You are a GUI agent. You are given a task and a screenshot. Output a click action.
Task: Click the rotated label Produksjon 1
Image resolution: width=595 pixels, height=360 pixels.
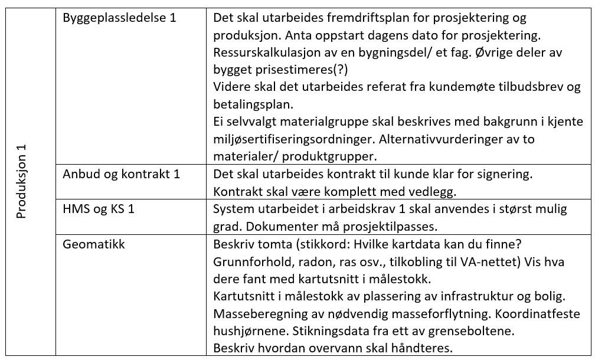[x=22, y=181]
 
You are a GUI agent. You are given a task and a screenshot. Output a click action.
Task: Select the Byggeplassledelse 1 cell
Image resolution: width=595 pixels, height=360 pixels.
[x=119, y=18]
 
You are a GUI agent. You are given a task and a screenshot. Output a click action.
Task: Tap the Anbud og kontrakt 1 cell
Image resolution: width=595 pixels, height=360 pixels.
[x=121, y=174]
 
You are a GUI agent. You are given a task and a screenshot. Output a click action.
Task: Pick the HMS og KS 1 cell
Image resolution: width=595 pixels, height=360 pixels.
[x=99, y=209]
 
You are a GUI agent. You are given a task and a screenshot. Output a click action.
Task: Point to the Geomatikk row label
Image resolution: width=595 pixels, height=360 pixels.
[x=94, y=244]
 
